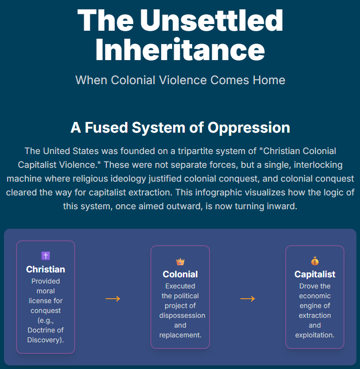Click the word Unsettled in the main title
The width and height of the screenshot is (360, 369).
[x=211, y=20]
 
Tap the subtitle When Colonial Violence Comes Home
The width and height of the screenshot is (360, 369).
[x=180, y=80]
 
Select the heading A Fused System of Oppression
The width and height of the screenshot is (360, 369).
[x=180, y=128]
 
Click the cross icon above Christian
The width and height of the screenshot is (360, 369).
[x=45, y=256]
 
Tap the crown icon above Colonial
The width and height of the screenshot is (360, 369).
[x=180, y=262]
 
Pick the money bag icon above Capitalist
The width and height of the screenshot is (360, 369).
[x=315, y=261]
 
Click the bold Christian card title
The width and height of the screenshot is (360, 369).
[x=45, y=269]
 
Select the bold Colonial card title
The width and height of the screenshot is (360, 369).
[x=180, y=274]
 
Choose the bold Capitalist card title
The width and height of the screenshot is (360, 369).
[x=315, y=274]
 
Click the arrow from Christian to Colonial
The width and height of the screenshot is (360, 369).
[x=113, y=299]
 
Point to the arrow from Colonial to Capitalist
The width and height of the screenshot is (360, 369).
[x=247, y=299]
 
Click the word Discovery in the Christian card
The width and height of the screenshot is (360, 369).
[x=45, y=340]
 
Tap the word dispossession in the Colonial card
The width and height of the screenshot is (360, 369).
[x=182, y=315]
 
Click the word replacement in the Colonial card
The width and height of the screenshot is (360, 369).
[x=180, y=335]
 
